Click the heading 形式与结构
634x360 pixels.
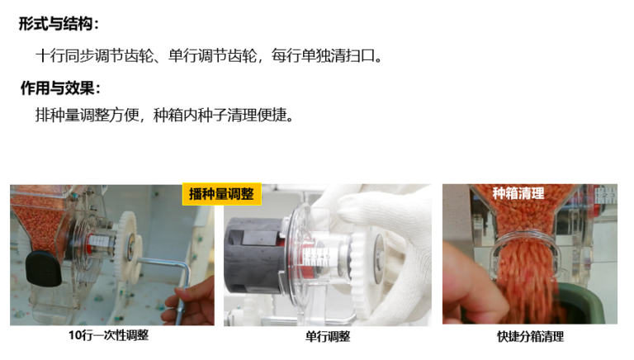tap(59, 23)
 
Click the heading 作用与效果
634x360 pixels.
tap(59, 88)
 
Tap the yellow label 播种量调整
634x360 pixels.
tap(221, 194)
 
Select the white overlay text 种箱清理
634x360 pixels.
tap(518, 193)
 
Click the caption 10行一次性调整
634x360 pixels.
tap(109, 335)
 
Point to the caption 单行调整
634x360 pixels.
tap(328, 336)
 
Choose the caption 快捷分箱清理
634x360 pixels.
tap(530, 336)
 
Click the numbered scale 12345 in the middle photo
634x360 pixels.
tap(317, 257)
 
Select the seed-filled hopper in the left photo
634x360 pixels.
tap(40, 219)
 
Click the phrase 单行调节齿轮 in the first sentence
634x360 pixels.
tap(212, 55)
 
